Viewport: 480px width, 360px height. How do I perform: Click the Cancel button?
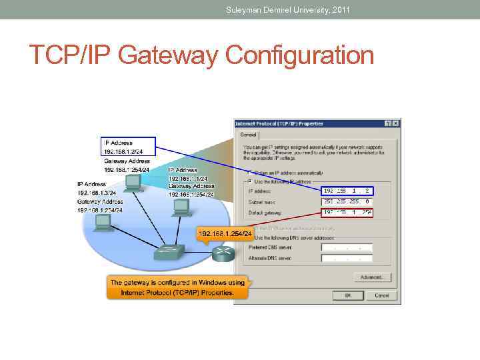click(382, 295)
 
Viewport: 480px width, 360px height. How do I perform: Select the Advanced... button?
click(372, 277)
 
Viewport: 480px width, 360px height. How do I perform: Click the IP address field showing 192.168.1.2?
click(347, 191)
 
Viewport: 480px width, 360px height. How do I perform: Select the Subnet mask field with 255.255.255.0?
click(347, 201)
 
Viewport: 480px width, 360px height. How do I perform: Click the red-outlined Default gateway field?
click(347, 213)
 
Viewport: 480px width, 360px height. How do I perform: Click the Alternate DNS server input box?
click(347, 258)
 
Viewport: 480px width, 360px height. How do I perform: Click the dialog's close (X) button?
click(396, 123)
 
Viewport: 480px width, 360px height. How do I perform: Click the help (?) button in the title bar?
click(388, 123)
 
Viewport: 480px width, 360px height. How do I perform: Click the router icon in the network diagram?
click(221, 254)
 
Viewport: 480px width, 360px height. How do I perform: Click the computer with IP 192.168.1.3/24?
click(103, 222)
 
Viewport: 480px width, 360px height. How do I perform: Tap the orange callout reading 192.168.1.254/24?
click(225, 234)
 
